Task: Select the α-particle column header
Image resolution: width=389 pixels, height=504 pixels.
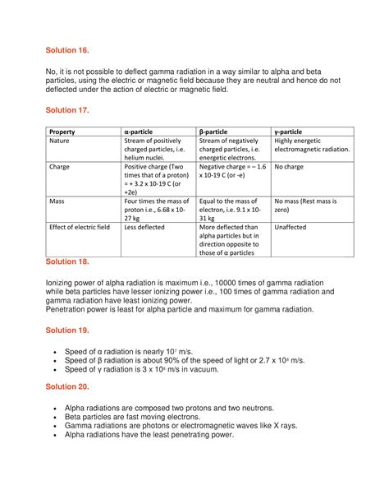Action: pyautogui.click(x=141, y=132)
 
